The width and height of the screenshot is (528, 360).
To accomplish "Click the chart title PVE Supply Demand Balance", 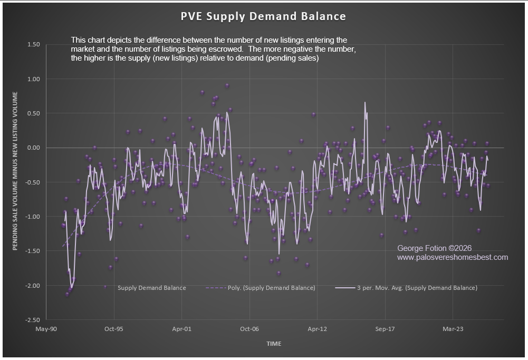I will click(x=263, y=16).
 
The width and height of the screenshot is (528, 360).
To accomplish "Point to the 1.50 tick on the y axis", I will click(x=33, y=45).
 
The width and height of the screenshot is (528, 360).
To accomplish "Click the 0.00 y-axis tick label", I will click(x=33, y=148).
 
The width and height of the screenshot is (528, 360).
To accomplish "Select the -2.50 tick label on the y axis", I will click(x=32, y=319).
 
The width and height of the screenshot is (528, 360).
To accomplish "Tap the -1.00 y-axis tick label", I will click(x=32, y=217).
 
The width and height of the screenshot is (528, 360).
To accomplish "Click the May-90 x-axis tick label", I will click(x=46, y=329).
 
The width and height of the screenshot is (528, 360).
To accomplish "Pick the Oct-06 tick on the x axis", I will click(x=249, y=329).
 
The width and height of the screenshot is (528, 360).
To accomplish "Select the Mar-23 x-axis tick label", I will click(x=452, y=329).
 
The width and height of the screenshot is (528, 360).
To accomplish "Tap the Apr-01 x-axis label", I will click(x=181, y=329).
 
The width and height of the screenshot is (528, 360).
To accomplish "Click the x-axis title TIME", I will click(x=274, y=344).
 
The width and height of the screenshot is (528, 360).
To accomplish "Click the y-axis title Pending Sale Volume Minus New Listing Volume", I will click(x=15, y=171).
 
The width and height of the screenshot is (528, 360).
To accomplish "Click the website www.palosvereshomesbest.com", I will click(x=452, y=257).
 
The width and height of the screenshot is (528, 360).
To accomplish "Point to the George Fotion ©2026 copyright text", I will click(x=434, y=248).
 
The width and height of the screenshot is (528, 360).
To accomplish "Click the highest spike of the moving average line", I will click(x=364, y=103).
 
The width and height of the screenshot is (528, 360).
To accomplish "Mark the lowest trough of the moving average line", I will click(x=72, y=287).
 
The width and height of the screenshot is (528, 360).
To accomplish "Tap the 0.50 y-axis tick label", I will click(x=33, y=113).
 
